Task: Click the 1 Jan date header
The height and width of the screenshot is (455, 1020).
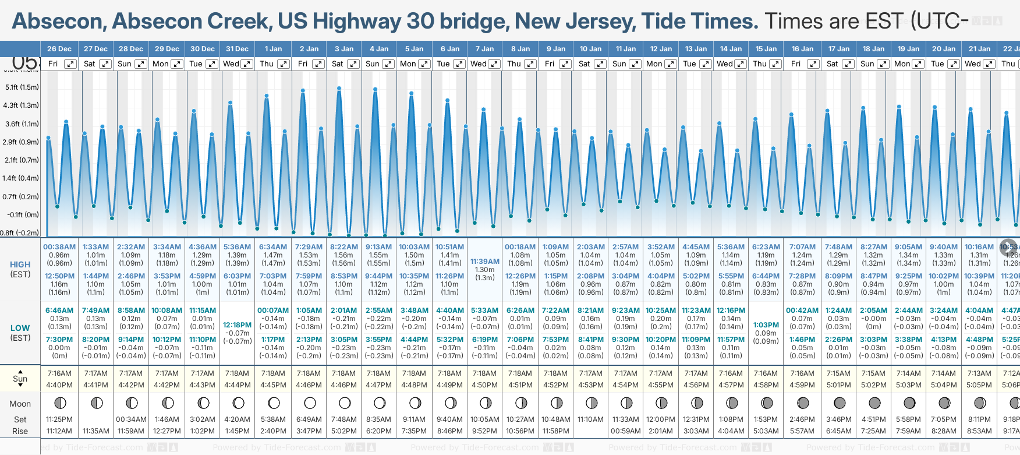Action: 273,49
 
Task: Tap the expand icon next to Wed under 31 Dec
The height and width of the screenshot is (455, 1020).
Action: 247,64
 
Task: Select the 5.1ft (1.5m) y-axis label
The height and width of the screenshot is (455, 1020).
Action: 22,87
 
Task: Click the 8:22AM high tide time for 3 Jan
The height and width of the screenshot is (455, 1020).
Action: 343,247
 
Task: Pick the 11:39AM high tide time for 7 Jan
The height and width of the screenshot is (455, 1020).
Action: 485,262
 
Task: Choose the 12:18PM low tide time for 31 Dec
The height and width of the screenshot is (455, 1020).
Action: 237,325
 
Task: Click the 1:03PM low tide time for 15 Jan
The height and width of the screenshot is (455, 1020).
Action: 766,325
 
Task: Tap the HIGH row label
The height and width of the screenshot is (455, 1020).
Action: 20,264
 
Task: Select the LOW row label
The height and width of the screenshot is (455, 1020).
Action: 20,328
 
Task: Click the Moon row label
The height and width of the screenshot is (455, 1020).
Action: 20,404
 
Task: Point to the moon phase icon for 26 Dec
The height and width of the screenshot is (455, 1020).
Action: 59,403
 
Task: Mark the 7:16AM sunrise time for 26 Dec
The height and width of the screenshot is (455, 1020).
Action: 59,373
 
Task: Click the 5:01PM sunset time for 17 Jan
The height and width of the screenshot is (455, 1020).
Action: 838,385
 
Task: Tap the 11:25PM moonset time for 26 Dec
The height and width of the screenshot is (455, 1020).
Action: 59,419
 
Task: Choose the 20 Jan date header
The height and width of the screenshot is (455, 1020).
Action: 944,49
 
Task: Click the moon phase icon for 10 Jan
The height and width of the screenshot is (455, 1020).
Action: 592,403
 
